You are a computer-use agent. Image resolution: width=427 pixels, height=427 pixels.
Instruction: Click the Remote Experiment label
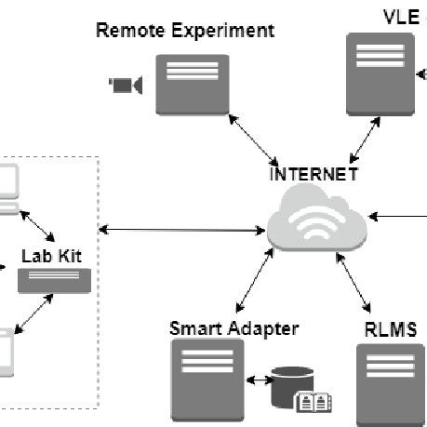(185, 31)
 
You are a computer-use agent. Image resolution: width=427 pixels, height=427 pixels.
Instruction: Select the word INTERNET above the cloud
(313, 174)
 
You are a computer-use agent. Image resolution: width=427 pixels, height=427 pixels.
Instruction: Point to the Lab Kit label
(54, 252)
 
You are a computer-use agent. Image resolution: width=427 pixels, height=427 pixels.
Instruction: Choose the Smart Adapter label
(234, 328)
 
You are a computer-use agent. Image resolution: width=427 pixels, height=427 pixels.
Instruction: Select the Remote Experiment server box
(193, 85)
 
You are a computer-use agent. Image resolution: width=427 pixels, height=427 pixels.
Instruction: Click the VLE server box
(380, 73)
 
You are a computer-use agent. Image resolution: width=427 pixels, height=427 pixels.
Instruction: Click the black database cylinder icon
(290, 387)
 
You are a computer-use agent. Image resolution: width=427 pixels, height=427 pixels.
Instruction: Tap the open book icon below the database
(314, 403)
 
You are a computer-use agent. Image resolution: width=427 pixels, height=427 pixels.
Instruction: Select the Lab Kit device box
(55, 280)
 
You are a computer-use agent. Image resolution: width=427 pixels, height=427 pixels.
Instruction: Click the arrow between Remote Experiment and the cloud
(253, 140)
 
